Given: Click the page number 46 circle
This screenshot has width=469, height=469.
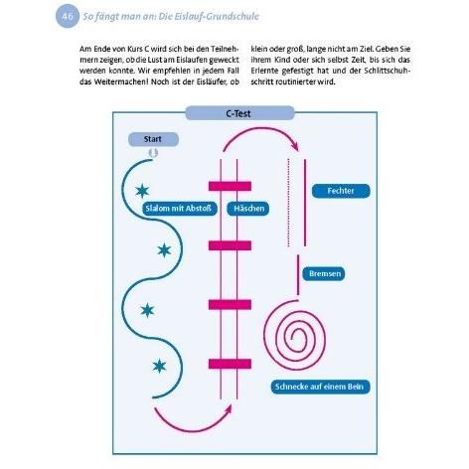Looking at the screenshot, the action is pyautogui.click(x=68, y=16).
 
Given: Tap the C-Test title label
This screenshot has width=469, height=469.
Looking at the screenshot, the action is pyautogui.click(x=239, y=113).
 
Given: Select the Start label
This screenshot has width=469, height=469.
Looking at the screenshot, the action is pyautogui.click(x=153, y=139).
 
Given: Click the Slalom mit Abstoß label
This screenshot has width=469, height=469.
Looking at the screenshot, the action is pyautogui.click(x=179, y=209).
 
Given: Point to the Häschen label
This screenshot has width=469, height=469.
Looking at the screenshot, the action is pyautogui.click(x=247, y=209).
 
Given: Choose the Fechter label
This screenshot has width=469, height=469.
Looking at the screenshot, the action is pyautogui.click(x=341, y=191).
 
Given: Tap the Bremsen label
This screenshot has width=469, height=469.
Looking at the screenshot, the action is pyautogui.click(x=324, y=273).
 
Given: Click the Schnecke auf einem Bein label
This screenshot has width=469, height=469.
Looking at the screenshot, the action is pyautogui.click(x=320, y=387).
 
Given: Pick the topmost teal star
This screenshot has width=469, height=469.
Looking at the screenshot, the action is pyautogui.click(x=142, y=191).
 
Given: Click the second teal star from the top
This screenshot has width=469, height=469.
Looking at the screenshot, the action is pyautogui.click(x=164, y=250).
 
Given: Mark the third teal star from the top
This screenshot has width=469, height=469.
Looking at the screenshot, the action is pyautogui.click(x=147, y=310).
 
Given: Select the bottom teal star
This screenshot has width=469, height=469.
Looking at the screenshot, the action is pyautogui.click(x=159, y=367).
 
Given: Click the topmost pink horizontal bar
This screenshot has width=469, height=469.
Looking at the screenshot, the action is pyautogui.click(x=230, y=186).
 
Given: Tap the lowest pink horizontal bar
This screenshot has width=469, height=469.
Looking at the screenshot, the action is pyautogui.click(x=230, y=364).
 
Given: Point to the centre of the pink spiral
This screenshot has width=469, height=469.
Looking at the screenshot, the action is pyautogui.click(x=292, y=337).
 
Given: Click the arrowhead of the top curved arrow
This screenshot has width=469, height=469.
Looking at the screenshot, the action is pyautogui.click(x=295, y=146).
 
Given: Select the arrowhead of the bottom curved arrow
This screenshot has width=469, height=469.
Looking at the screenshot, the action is pyautogui.click(x=229, y=408).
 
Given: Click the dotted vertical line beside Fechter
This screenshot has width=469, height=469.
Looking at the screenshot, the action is pyautogui.click(x=288, y=203).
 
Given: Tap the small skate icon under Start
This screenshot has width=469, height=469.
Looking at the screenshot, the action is pyautogui.click(x=153, y=153).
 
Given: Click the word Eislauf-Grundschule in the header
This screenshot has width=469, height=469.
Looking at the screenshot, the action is pyautogui.click(x=209, y=16).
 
